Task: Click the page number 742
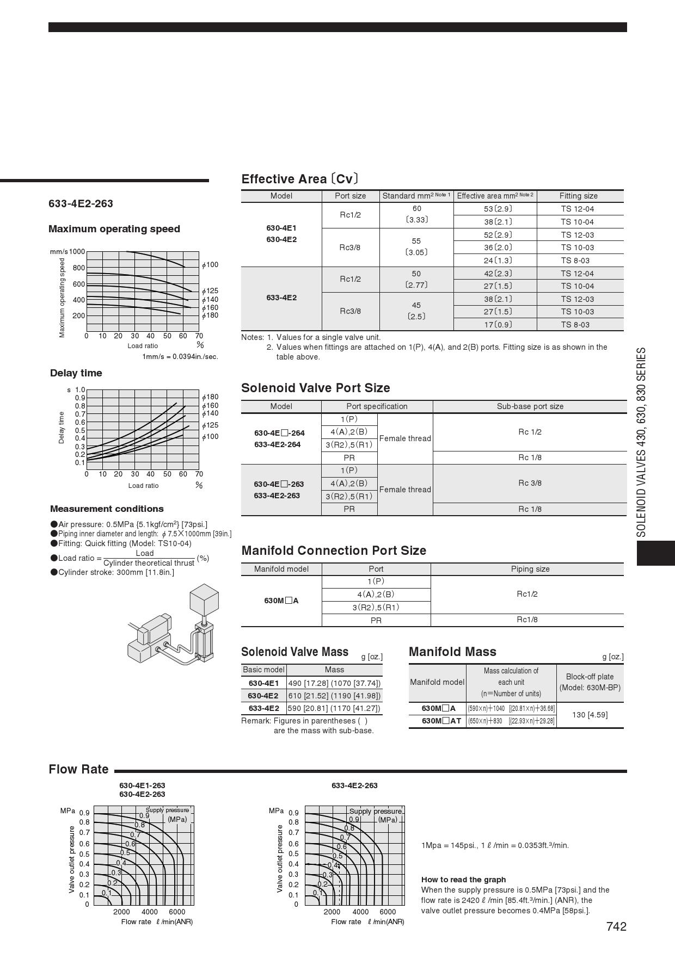point(616,926)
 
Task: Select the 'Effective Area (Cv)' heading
point(300,179)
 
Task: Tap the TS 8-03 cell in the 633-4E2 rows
point(575,325)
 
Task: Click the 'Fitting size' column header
point(578,196)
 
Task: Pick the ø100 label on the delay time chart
point(210,437)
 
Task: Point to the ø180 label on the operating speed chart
point(210,315)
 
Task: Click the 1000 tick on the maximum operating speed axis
point(77,252)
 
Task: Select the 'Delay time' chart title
point(76,373)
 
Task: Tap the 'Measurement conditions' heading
point(107,509)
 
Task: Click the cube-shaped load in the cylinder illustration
point(204,598)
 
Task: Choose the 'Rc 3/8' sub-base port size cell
point(530,483)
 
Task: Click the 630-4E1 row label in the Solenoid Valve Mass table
point(263,683)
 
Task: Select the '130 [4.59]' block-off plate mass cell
point(590,715)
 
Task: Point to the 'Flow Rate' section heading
point(78,769)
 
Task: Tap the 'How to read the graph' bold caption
point(463,880)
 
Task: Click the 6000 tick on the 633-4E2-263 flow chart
point(388,912)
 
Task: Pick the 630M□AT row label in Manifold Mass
point(441,721)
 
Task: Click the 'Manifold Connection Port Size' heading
point(334,550)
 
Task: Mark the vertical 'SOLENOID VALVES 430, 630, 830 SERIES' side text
point(642,442)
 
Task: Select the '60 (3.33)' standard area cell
point(416,214)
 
